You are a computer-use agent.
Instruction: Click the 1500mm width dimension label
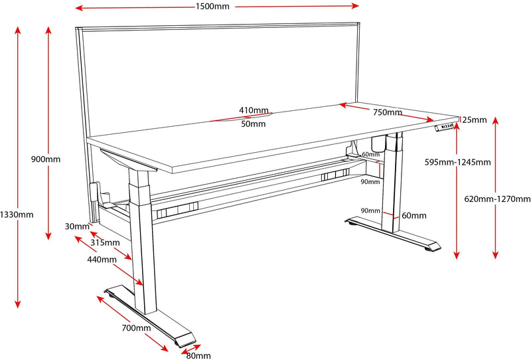(214, 7)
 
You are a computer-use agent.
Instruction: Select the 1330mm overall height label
(17, 215)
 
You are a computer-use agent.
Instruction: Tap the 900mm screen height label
(46, 159)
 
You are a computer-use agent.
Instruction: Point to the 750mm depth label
(387, 113)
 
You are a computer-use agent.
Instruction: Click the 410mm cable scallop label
(254, 110)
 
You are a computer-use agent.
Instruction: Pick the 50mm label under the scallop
(254, 124)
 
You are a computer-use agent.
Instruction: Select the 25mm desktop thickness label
(475, 120)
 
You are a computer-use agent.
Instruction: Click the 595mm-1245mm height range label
(457, 161)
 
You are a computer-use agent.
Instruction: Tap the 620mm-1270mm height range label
(498, 199)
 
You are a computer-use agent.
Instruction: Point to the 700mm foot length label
(137, 327)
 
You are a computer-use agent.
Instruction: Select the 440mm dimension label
(102, 260)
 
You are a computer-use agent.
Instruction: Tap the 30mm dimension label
(78, 226)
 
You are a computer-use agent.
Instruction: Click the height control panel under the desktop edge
(445, 128)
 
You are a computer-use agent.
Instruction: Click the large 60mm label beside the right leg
(414, 215)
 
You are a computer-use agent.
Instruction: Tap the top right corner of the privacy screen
(358, 26)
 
